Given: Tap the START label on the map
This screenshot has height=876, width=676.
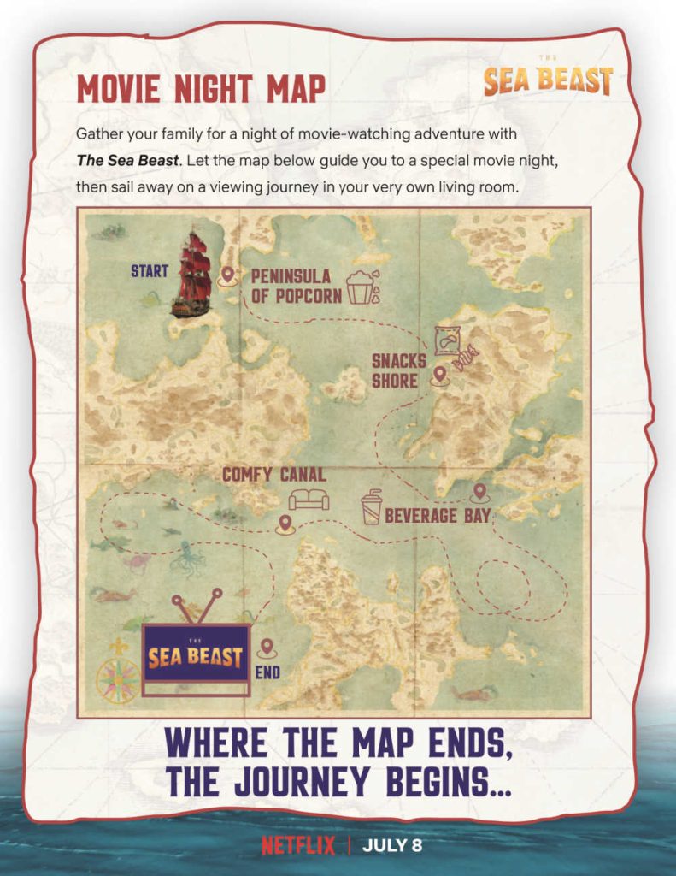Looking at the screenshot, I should [x=149, y=272].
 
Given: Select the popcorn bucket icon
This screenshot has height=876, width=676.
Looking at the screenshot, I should [x=360, y=287].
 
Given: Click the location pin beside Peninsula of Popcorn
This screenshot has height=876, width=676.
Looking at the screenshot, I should [x=228, y=275].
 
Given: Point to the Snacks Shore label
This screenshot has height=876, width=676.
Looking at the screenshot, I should [x=398, y=370].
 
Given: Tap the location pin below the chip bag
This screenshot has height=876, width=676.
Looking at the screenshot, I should [x=440, y=375].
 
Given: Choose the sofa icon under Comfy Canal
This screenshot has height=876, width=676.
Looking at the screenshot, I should [x=309, y=499].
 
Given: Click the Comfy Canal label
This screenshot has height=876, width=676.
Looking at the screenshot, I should [x=273, y=474].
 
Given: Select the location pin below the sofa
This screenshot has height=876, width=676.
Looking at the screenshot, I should [x=285, y=524].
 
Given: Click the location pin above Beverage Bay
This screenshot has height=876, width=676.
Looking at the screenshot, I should [x=479, y=493].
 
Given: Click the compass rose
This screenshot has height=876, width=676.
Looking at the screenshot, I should [x=118, y=678].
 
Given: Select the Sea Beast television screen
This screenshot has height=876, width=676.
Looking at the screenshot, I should [x=196, y=656].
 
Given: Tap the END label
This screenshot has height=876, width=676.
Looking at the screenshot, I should [x=267, y=673].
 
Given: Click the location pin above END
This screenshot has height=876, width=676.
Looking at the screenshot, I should [x=267, y=648].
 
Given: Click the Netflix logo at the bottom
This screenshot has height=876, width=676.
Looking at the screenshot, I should [x=299, y=846].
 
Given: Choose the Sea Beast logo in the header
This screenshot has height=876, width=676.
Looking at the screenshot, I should [x=548, y=79].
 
